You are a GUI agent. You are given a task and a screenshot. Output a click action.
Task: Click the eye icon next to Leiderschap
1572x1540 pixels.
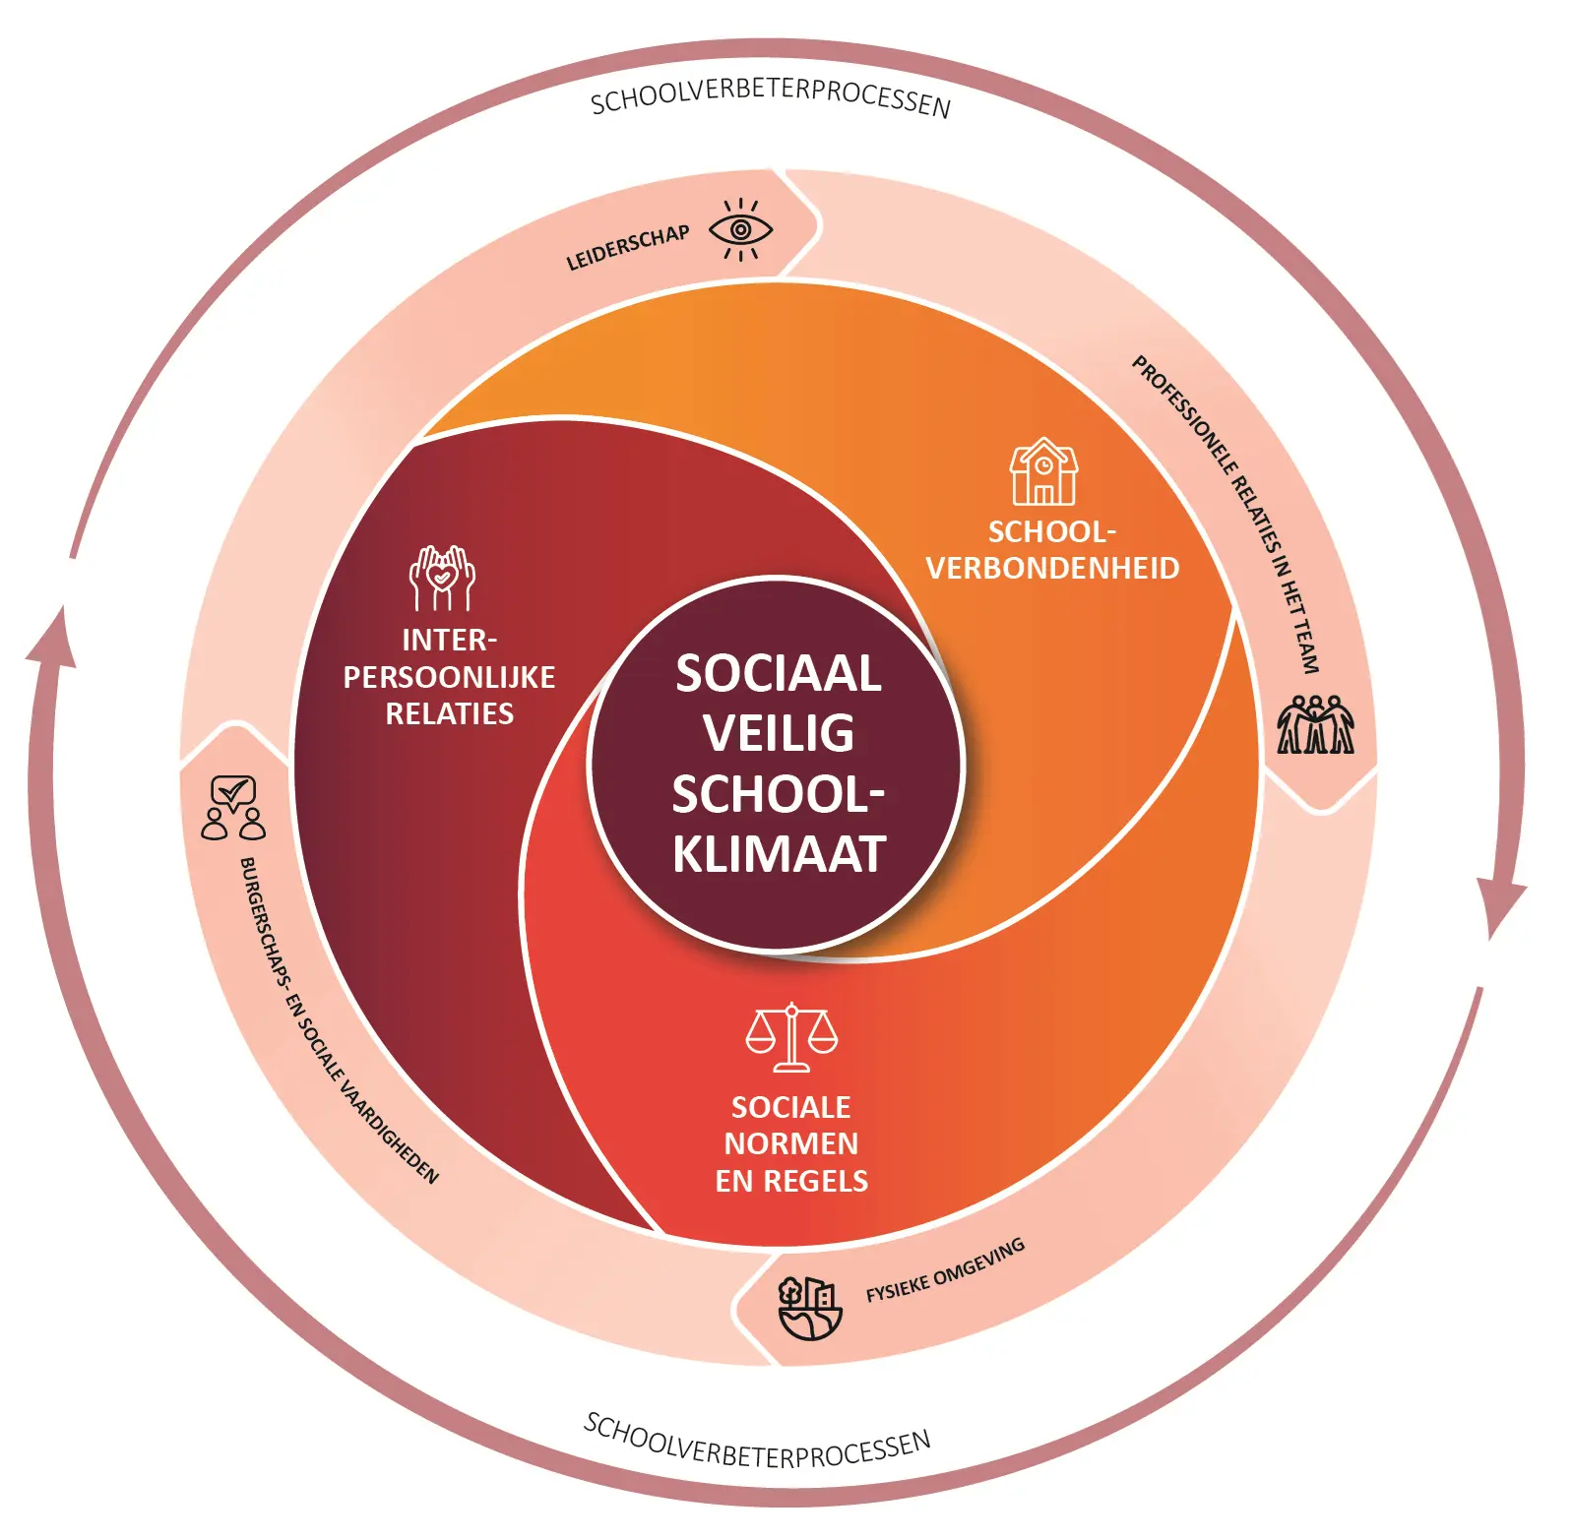(740, 230)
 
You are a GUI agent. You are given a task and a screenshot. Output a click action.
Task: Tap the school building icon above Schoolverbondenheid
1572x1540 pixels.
(1043, 472)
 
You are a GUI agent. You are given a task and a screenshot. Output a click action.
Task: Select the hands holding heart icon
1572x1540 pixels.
(442, 578)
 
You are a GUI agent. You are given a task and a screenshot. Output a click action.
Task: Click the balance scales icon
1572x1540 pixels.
(791, 1037)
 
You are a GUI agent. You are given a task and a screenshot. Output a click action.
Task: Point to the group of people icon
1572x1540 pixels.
(1315, 725)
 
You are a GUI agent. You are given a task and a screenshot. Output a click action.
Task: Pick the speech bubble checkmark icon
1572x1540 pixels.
(233, 808)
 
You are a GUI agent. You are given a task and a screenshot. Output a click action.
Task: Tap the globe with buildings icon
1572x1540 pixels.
(810, 1308)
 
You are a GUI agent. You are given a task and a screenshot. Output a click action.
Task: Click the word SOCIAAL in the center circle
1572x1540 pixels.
(778, 674)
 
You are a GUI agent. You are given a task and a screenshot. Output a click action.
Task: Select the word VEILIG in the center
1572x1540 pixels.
(778, 733)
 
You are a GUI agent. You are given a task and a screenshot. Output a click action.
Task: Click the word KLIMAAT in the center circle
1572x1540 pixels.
(780, 854)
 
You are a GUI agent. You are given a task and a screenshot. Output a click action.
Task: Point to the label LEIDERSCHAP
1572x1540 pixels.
(627, 248)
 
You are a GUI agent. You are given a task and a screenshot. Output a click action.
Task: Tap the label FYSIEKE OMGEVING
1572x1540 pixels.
(945, 1270)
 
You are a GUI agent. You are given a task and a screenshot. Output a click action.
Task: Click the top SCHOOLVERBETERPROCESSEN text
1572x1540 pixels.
(770, 96)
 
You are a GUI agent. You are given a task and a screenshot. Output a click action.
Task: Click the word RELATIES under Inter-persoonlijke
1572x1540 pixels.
(449, 714)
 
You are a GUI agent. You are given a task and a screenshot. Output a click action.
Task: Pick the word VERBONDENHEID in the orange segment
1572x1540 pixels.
(1052, 569)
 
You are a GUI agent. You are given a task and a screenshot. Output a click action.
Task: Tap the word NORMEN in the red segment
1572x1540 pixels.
(791, 1143)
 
